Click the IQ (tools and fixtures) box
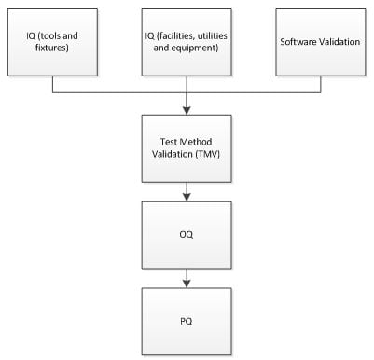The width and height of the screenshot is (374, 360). pos(52,43)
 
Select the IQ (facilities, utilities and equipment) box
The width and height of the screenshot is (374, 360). pos(187,43)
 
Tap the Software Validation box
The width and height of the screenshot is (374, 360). pos(321,43)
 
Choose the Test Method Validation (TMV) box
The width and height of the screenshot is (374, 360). pos(187,148)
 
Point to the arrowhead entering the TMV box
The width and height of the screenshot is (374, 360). pos(187,110)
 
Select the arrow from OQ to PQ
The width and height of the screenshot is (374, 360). pos(187,278)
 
